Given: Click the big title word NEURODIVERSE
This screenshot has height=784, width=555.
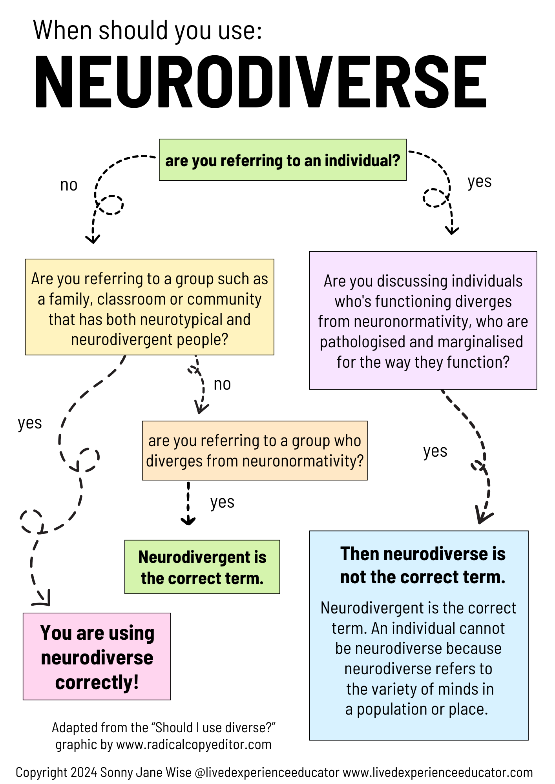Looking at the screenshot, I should [261, 82].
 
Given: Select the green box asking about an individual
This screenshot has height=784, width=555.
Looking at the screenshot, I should [282, 160].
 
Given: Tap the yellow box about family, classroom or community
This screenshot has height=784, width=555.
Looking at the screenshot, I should [150, 307].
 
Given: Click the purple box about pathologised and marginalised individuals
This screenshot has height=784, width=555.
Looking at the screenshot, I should [423, 321].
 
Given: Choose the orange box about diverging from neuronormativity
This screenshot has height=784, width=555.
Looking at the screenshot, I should [254, 451].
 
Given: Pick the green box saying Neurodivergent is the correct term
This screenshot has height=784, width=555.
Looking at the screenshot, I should [202, 567].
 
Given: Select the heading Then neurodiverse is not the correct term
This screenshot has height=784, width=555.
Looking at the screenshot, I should [422, 565].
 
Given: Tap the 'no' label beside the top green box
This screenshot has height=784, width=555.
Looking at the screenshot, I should [69, 185].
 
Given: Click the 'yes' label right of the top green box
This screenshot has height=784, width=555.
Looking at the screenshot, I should [479, 181].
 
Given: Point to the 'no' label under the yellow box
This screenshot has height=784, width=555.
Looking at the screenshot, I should [222, 384].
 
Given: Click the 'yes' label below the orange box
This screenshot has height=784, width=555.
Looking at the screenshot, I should [222, 502].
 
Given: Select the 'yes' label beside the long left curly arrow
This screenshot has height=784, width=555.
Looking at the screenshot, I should [30, 423].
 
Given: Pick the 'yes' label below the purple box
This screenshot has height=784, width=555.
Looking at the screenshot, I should [435, 451].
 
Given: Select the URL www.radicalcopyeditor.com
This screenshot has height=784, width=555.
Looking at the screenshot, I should [194, 744].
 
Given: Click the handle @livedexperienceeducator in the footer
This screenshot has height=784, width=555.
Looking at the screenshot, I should [267, 772].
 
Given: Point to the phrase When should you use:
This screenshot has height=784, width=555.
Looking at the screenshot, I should [147, 30].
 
